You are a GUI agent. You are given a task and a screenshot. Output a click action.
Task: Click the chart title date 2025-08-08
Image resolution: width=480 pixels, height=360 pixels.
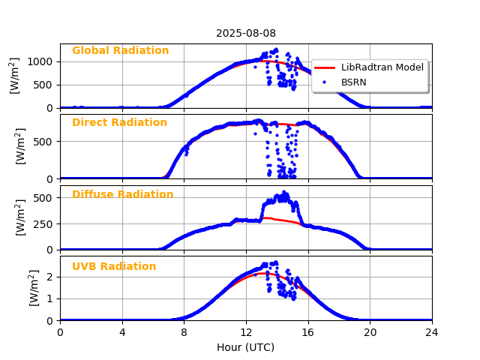(245, 33)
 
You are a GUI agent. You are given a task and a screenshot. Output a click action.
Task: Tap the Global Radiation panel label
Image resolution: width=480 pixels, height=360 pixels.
(120, 51)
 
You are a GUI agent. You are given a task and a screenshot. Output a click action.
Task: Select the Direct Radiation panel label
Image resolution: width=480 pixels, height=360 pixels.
(119, 123)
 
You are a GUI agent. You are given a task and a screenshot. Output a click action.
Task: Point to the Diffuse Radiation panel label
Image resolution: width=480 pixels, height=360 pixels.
(122, 195)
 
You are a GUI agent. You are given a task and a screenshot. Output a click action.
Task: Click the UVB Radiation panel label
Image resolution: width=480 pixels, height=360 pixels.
(114, 267)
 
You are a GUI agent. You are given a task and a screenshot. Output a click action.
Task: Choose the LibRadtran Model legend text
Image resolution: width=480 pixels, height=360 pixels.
(382, 67)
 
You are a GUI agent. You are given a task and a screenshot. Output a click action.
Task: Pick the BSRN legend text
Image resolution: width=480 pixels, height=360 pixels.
(354, 82)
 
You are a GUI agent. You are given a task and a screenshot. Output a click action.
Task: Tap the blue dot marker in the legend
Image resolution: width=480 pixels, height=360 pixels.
(325, 82)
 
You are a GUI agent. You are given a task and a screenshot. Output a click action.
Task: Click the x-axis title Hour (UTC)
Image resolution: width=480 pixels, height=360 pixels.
(245, 347)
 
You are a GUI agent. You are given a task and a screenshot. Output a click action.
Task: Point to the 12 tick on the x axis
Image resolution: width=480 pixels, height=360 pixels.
(246, 331)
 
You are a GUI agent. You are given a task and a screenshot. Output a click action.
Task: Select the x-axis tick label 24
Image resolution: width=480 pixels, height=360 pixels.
(431, 331)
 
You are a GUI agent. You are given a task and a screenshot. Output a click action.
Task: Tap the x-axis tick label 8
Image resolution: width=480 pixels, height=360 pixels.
(184, 331)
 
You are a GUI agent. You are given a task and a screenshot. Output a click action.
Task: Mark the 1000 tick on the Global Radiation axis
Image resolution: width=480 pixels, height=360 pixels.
(43, 61)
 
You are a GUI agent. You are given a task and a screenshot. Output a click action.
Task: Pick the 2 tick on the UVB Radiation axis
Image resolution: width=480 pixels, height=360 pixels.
(52, 277)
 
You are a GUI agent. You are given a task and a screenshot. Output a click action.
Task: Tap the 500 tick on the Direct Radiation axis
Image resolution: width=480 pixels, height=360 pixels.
(46, 142)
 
